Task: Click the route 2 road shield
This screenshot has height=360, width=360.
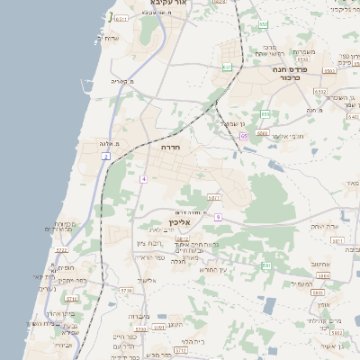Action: [105, 157]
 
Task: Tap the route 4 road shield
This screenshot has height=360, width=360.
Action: [142, 180]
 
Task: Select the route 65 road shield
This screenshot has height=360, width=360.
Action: [243, 136]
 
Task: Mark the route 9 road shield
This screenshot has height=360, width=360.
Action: [217, 217]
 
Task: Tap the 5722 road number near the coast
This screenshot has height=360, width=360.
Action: [61, 251]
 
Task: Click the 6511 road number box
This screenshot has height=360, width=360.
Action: [330, 69]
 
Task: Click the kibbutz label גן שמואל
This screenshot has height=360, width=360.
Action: [231, 122]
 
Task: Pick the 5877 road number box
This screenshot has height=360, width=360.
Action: [213, 196]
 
